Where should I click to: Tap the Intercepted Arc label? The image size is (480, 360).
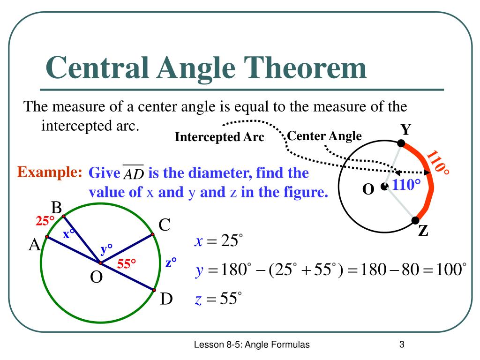click(219, 137)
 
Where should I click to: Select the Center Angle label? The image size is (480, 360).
click(324, 136)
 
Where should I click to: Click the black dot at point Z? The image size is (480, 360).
click(415, 220)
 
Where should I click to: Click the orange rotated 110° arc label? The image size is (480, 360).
click(439, 168)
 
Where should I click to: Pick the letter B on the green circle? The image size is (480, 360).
click(57, 207)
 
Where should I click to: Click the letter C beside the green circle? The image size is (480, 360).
click(164, 225)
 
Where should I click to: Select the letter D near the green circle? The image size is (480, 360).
click(166, 298)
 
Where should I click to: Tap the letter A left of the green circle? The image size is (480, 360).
click(34, 244)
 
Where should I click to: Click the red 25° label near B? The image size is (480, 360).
click(46, 220)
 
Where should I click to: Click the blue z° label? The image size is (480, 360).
click(171, 262)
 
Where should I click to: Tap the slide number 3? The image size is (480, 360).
click(402, 345)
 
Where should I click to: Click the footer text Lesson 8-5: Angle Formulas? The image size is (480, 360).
click(252, 345)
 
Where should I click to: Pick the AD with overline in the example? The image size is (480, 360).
click(133, 174)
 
